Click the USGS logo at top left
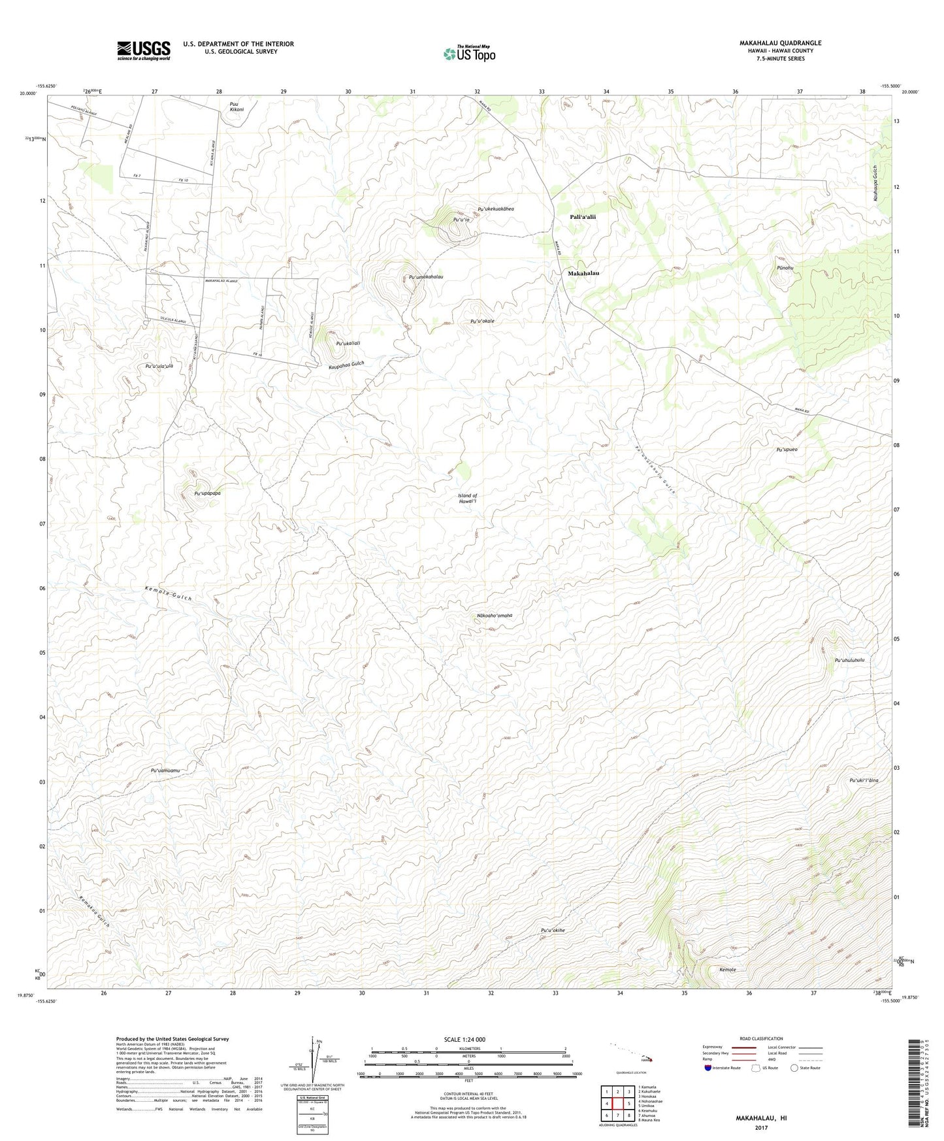[x=144, y=50]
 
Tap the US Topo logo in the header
[x=468, y=54]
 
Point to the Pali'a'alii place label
[x=583, y=217]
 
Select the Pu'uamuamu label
[x=165, y=770]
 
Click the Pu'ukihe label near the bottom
[x=553, y=931]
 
